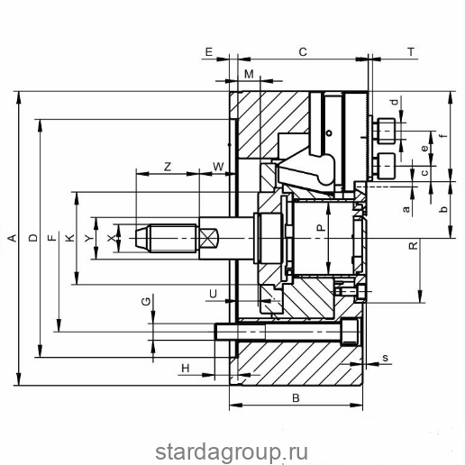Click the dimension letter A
tap(12, 238)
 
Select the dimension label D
tap(33, 238)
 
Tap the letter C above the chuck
tap(303, 52)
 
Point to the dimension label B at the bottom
tap(296, 398)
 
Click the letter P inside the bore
tap(321, 228)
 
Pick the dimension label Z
tap(168, 167)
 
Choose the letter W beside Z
tap(218, 167)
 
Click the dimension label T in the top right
tap(411, 52)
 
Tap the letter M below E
tap(249, 74)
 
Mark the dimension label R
tap(414, 245)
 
